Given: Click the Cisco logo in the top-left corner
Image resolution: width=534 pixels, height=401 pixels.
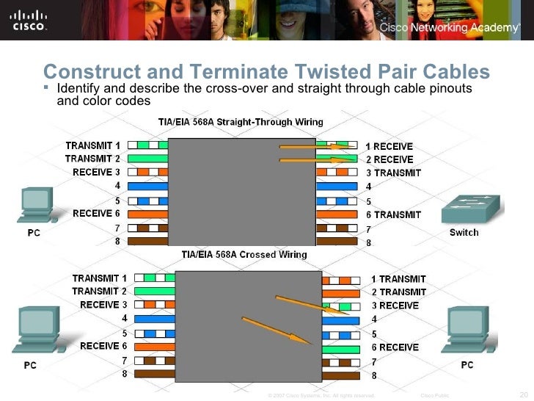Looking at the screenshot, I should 29,20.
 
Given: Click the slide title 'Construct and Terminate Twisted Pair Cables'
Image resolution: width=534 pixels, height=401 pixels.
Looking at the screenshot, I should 266,71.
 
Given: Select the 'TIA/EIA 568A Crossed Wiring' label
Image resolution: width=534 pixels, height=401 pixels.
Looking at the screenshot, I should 244,255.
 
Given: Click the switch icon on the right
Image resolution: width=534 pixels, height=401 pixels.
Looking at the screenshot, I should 470,209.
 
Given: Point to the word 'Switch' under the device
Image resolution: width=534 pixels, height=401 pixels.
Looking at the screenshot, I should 464,233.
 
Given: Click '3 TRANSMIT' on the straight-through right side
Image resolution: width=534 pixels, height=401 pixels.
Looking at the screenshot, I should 394,173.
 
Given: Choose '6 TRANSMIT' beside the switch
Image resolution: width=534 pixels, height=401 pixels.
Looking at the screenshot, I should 394,214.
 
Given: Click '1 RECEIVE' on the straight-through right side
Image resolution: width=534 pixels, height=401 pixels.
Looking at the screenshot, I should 389,146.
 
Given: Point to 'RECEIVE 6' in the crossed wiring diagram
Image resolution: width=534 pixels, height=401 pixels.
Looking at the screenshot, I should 103,345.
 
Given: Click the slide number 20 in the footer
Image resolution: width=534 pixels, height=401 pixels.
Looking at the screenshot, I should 523,394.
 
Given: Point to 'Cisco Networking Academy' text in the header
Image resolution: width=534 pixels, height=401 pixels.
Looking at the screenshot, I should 450,27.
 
